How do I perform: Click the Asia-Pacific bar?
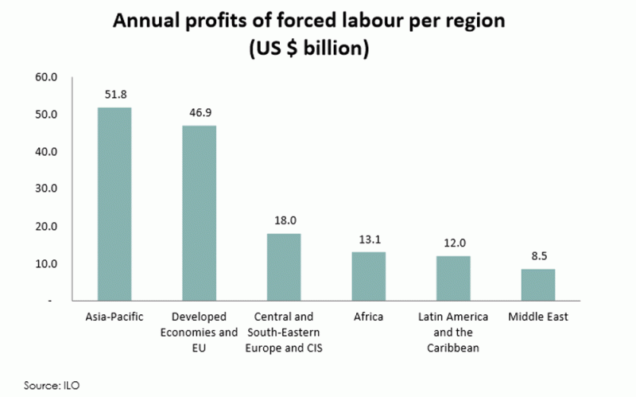[x=114, y=204]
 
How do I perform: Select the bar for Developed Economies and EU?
[x=199, y=213]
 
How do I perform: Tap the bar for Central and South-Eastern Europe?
[x=284, y=267]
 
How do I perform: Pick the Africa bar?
[x=368, y=276]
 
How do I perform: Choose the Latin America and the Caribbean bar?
[x=453, y=278]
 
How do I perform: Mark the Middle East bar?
[x=537, y=285]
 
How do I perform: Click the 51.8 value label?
[x=114, y=94]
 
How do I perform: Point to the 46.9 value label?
[x=200, y=112]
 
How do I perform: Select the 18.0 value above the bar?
[x=284, y=220]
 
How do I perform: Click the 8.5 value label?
[x=538, y=256]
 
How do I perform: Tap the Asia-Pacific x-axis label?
[x=114, y=317]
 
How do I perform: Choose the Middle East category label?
[x=538, y=317]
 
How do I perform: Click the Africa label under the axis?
[x=369, y=317]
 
